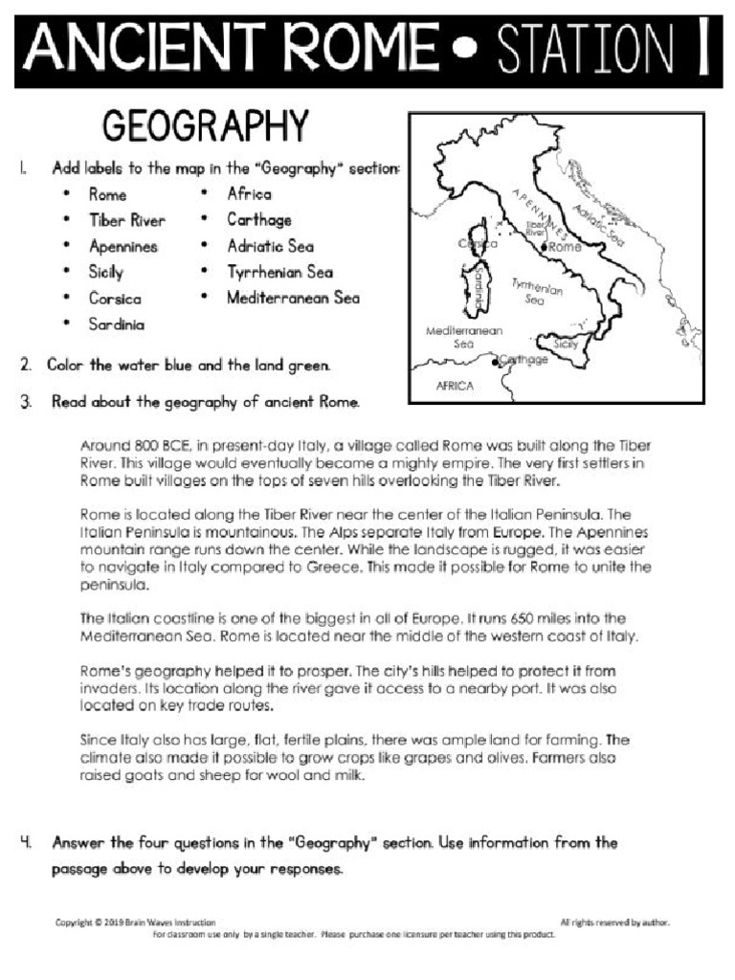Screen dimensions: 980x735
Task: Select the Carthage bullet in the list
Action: click(258, 220)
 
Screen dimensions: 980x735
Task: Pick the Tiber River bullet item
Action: click(126, 220)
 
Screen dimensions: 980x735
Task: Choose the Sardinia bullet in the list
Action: click(117, 324)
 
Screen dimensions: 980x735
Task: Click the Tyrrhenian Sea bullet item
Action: click(279, 272)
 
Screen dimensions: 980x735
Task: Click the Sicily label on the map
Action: click(567, 343)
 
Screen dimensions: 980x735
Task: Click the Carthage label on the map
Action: click(523, 360)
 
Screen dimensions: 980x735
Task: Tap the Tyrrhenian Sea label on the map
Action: click(537, 291)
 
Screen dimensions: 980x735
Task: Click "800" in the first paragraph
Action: click(144, 446)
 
